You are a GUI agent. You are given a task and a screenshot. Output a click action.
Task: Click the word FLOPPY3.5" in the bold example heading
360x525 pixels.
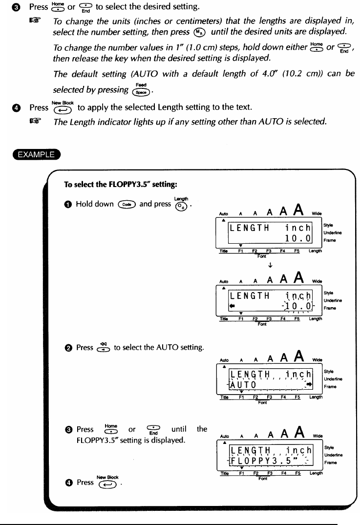(140, 185)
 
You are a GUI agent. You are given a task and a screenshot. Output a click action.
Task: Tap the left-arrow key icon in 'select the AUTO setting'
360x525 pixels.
(103, 347)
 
